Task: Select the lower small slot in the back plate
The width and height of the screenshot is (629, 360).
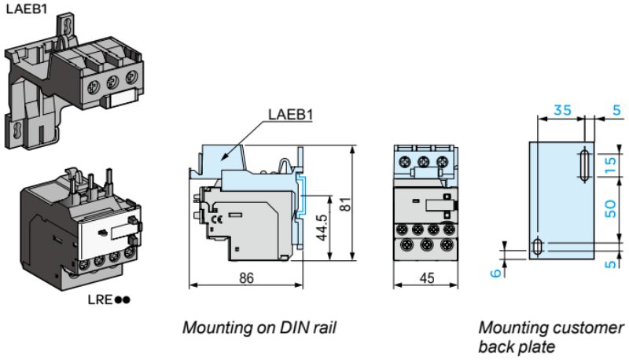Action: point(536,246)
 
